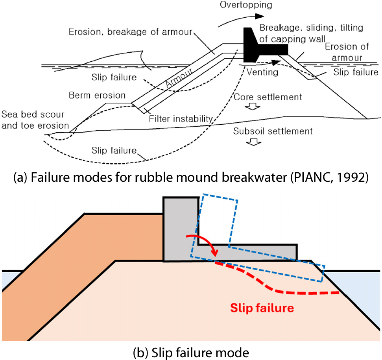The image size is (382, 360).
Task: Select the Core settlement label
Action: pyautogui.click(x=268, y=97)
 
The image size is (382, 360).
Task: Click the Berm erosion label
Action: pyautogui.click(x=97, y=95)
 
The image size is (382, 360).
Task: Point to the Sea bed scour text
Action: pyautogui.click(x=33, y=114)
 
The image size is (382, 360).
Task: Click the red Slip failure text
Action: pyautogui.click(x=262, y=308)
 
